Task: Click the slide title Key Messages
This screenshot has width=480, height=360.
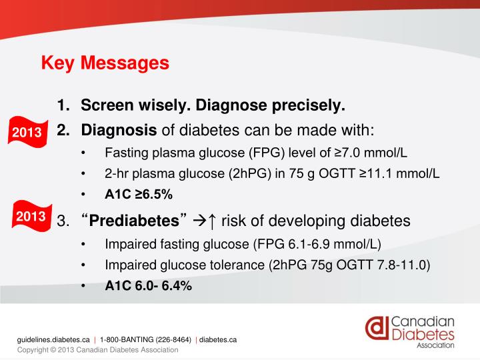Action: [105, 63]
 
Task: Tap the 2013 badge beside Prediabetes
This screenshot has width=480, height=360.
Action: [31, 217]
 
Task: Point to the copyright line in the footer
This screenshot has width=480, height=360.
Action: [97, 349]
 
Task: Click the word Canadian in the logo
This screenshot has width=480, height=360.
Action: [425, 321]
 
